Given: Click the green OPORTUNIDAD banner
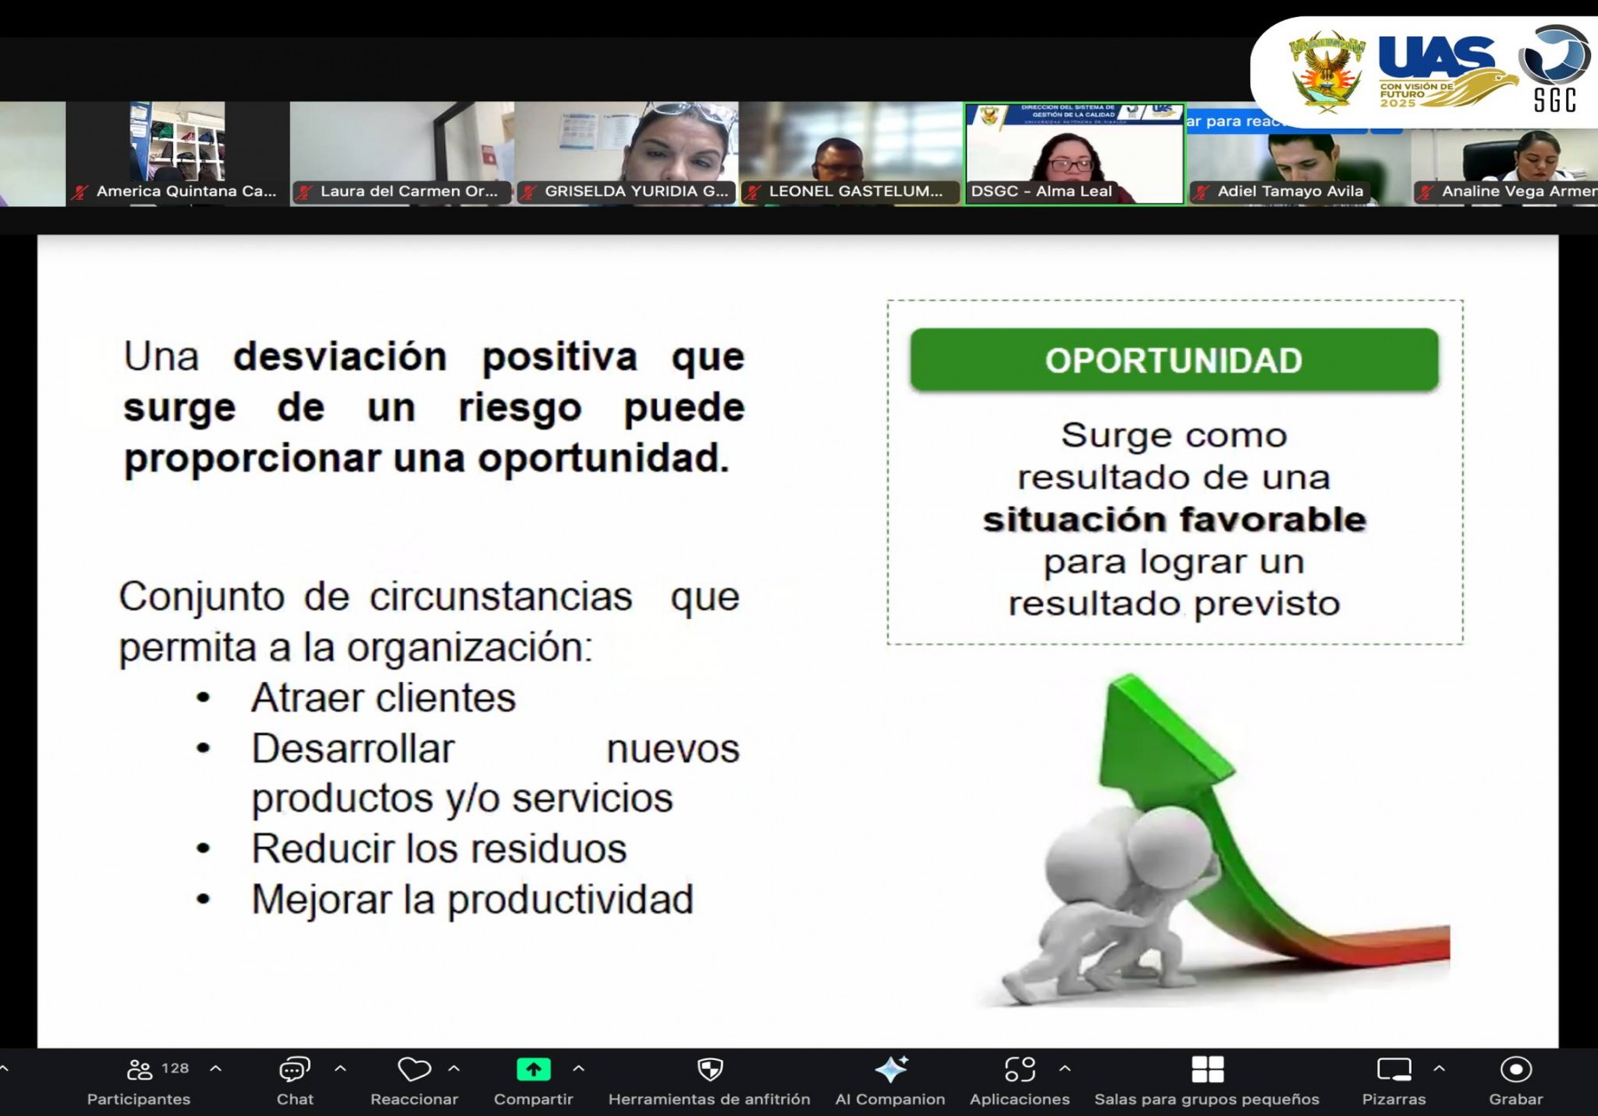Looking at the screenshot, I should (1174, 360).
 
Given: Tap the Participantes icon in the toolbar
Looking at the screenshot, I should (139, 1070).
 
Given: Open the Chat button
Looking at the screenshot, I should (294, 1070).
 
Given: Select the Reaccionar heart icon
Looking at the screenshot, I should (414, 1070).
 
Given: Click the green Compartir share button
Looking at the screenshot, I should (534, 1070).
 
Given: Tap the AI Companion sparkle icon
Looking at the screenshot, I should (890, 1070).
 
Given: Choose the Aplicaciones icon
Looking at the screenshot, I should (1019, 1070).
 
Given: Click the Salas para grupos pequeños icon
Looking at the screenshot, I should (1207, 1070).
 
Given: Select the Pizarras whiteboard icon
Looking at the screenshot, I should (1393, 1070).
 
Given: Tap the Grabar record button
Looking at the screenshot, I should (1515, 1070).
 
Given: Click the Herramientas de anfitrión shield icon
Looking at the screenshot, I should (709, 1070).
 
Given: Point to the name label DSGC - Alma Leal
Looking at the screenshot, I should (1040, 191).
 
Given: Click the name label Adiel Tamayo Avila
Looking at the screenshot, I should (1289, 191).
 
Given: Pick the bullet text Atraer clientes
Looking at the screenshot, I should (384, 698).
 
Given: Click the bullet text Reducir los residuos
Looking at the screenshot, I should (439, 849).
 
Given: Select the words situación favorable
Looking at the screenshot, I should (1174, 519).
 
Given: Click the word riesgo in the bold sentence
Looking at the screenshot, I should (519, 408).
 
